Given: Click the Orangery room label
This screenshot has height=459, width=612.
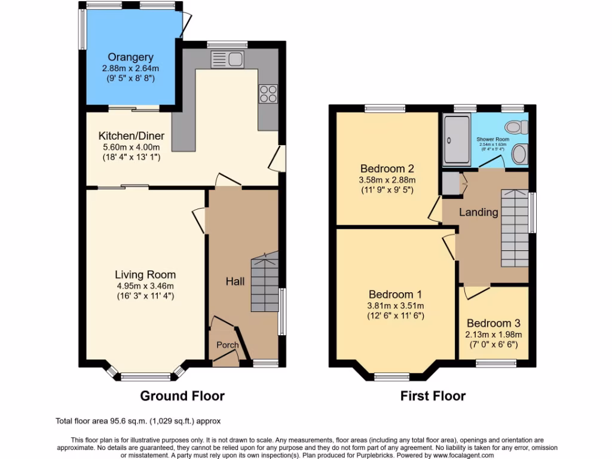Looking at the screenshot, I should (130, 57).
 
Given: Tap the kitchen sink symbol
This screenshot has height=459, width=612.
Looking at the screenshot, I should (227, 59).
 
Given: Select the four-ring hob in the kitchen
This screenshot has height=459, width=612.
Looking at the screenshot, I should (268, 94).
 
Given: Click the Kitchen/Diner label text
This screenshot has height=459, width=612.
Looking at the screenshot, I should (131, 136).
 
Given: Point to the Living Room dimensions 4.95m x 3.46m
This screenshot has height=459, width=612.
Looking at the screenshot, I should (145, 286).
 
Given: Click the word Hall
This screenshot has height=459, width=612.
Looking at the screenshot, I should (235, 281).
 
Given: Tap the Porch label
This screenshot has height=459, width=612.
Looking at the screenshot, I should (227, 345).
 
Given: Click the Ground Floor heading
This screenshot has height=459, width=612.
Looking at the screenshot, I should (182, 396).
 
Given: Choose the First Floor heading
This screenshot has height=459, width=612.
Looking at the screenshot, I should (433, 396).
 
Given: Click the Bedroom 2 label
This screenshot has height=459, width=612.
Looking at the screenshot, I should (387, 169).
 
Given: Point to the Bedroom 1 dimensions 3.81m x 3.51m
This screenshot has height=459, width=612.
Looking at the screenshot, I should (395, 305).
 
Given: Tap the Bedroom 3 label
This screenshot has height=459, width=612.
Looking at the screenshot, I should (494, 323).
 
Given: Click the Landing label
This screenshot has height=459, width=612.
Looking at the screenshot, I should (478, 212).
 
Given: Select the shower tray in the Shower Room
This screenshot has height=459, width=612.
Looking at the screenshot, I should (457, 140).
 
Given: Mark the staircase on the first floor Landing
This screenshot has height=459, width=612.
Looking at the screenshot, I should (514, 228).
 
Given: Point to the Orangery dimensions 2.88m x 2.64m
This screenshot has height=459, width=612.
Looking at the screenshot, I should (130, 68).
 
